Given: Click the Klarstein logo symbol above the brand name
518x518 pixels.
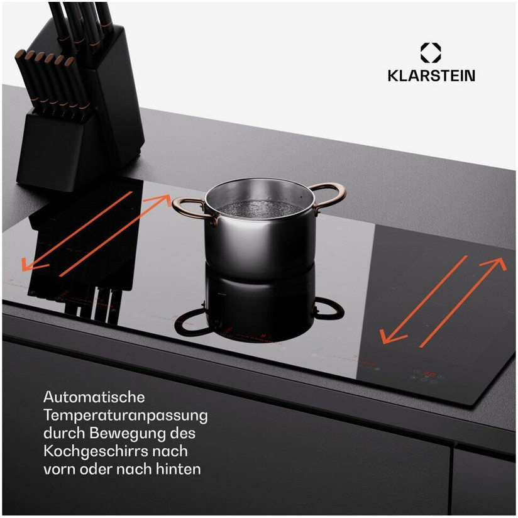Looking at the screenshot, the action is click(x=431, y=53).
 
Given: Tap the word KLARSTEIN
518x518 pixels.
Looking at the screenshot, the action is click(x=431, y=75).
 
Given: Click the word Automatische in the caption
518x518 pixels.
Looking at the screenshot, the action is click(x=94, y=397).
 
